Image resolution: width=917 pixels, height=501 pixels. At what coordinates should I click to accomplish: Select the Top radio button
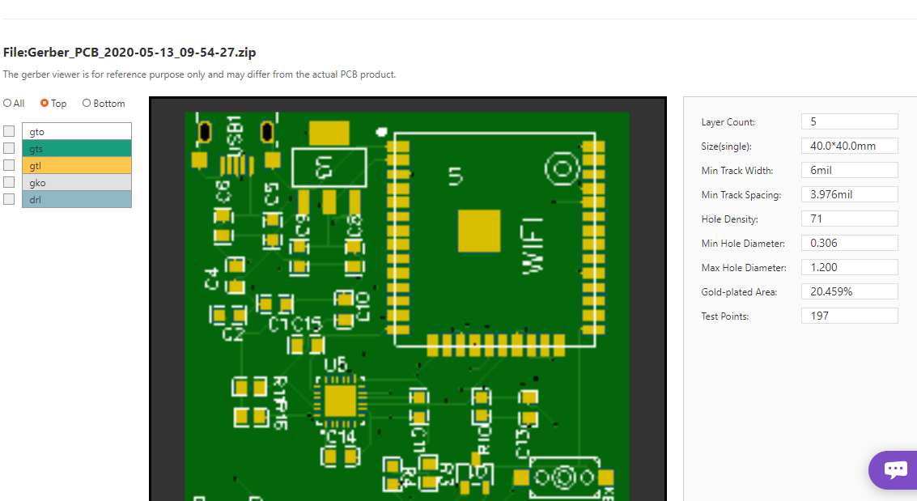click(x=45, y=104)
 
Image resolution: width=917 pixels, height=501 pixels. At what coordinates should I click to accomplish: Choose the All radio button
click(x=7, y=104)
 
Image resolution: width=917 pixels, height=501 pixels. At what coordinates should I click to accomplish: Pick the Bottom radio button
click(x=87, y=104)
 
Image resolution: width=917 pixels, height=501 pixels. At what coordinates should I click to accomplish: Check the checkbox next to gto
click(x=9, y=131)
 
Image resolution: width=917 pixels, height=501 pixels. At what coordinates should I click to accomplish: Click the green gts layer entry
click(x=76, y=148)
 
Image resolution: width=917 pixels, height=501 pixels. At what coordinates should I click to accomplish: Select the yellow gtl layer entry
click(x=76, y=165)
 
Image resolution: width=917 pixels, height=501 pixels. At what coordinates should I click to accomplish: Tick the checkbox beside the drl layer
click(x=9, y=199)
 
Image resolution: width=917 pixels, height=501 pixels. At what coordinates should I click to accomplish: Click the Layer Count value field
click(x=849, y=121)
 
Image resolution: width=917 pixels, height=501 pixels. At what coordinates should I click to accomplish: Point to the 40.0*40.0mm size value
click(x=849, y=146)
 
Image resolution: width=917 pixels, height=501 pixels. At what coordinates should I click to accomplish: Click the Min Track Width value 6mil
click(x=849, y=170)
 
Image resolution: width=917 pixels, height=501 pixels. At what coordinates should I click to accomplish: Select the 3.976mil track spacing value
click(x=849, y=194)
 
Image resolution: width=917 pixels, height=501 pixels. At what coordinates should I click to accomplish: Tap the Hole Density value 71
click(x=849, y=219)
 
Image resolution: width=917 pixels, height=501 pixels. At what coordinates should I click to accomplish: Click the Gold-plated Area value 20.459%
click(x=849, y=291)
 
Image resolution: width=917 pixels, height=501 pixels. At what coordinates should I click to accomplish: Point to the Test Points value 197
click(x=849, y=316)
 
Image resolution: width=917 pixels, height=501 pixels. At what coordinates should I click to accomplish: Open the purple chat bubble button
click(x=895, y=469)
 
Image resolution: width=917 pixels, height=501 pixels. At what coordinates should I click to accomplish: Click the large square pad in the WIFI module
click(x=479, y=231)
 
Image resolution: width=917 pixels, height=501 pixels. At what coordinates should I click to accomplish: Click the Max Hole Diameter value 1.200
click(x=849, y=267)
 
